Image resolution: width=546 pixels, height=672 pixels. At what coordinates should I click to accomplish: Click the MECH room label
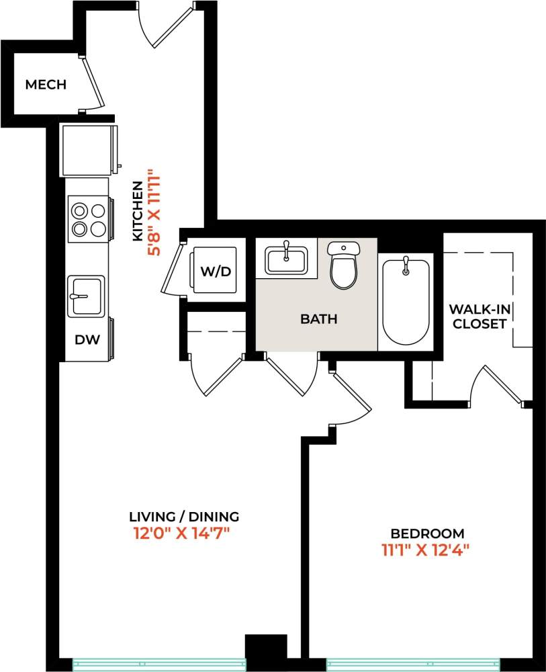point(46,85)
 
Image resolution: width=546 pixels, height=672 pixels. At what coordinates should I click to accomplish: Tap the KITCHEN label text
point(137,211)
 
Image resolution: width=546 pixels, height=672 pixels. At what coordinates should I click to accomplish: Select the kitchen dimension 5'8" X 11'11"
point(154,212)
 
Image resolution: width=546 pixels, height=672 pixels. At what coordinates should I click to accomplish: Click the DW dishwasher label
point(87,339)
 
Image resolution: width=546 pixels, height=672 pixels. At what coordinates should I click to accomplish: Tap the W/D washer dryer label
point(216,271)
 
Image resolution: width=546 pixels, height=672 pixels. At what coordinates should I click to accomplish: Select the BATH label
point(318,319)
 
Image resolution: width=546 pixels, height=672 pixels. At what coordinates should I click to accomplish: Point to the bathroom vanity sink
point(286,259)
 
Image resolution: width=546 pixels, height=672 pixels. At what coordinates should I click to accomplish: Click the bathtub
point(406,302)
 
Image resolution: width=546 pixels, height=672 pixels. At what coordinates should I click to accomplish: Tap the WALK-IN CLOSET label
point(478,317)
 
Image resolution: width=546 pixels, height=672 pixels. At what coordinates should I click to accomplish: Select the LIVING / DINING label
point(184,517)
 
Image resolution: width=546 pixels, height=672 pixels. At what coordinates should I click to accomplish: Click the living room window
point(159,664)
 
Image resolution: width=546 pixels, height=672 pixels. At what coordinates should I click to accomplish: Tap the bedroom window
point(412,664)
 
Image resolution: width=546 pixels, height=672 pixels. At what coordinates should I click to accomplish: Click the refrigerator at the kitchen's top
point(88,149)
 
